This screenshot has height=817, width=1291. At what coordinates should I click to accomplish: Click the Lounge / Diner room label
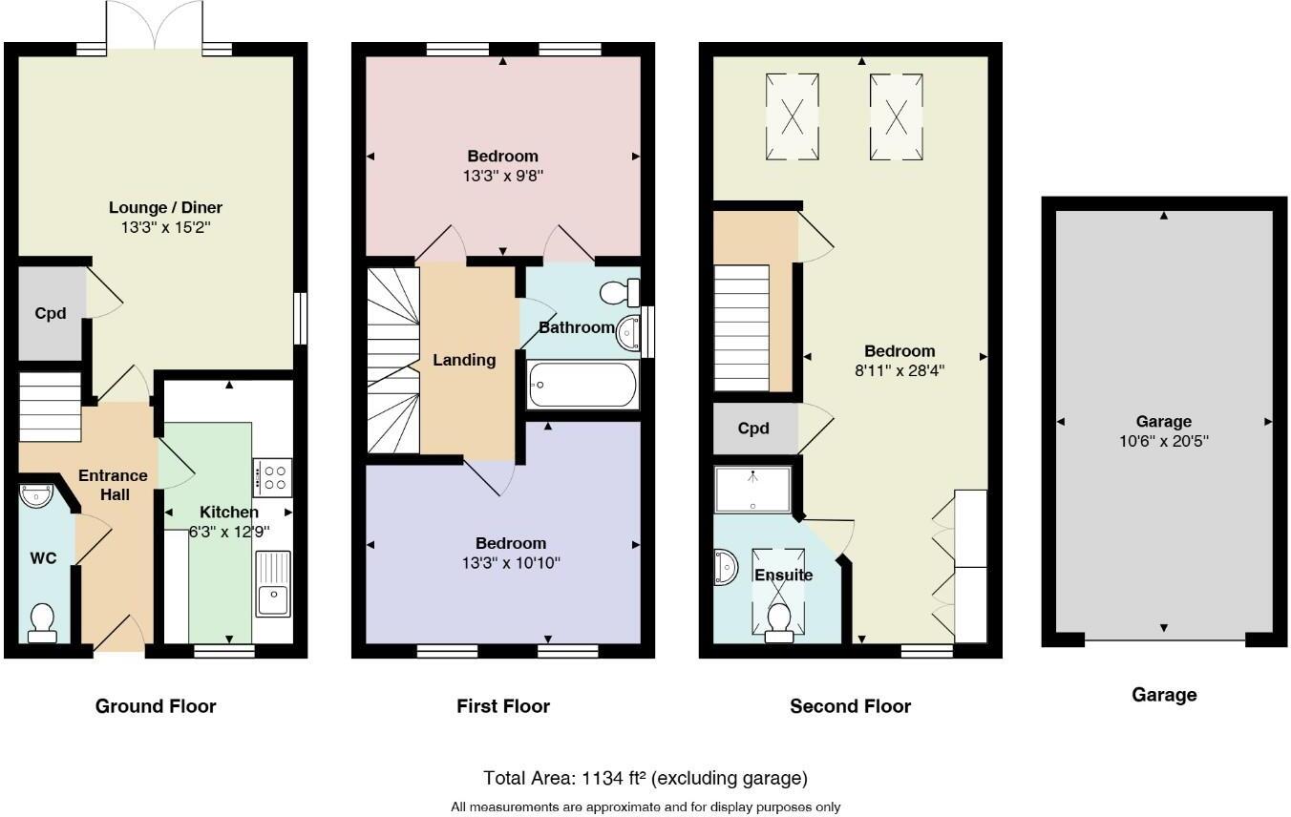click(x=165, y=207)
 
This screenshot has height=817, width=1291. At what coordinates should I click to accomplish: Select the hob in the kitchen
click(x=272, y=477)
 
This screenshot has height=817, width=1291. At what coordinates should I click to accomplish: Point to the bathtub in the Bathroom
click(x=582, y=386)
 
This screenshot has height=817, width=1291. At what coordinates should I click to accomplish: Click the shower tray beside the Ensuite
click(x=752, y=489)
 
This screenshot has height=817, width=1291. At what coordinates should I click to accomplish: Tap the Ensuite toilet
click(x=778, y=617)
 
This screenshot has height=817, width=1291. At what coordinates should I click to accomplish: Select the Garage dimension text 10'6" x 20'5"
click(x=1163, y=441)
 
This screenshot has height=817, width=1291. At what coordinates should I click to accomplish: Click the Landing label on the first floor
click(x=464, y=360)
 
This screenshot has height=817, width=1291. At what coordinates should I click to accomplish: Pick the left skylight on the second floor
click(x=793, y=116)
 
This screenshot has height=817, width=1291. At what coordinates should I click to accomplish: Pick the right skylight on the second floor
click(x=897, y=116)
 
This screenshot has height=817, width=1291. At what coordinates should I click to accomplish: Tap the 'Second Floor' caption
click(x=850, y=706)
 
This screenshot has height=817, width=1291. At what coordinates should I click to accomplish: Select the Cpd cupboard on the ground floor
click(x=51, y=313)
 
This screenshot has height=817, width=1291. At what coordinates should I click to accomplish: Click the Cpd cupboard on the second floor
click(x=753, y=429)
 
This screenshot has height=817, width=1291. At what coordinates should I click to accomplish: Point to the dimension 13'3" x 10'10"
click(x=511, y=563)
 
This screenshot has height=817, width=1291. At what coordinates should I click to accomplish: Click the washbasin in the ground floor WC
click(x=39, y=497)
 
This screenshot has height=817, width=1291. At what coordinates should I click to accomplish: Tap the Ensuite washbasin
click(x=725, y=567)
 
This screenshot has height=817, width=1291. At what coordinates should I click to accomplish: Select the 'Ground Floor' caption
click(x=156, y=706)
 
